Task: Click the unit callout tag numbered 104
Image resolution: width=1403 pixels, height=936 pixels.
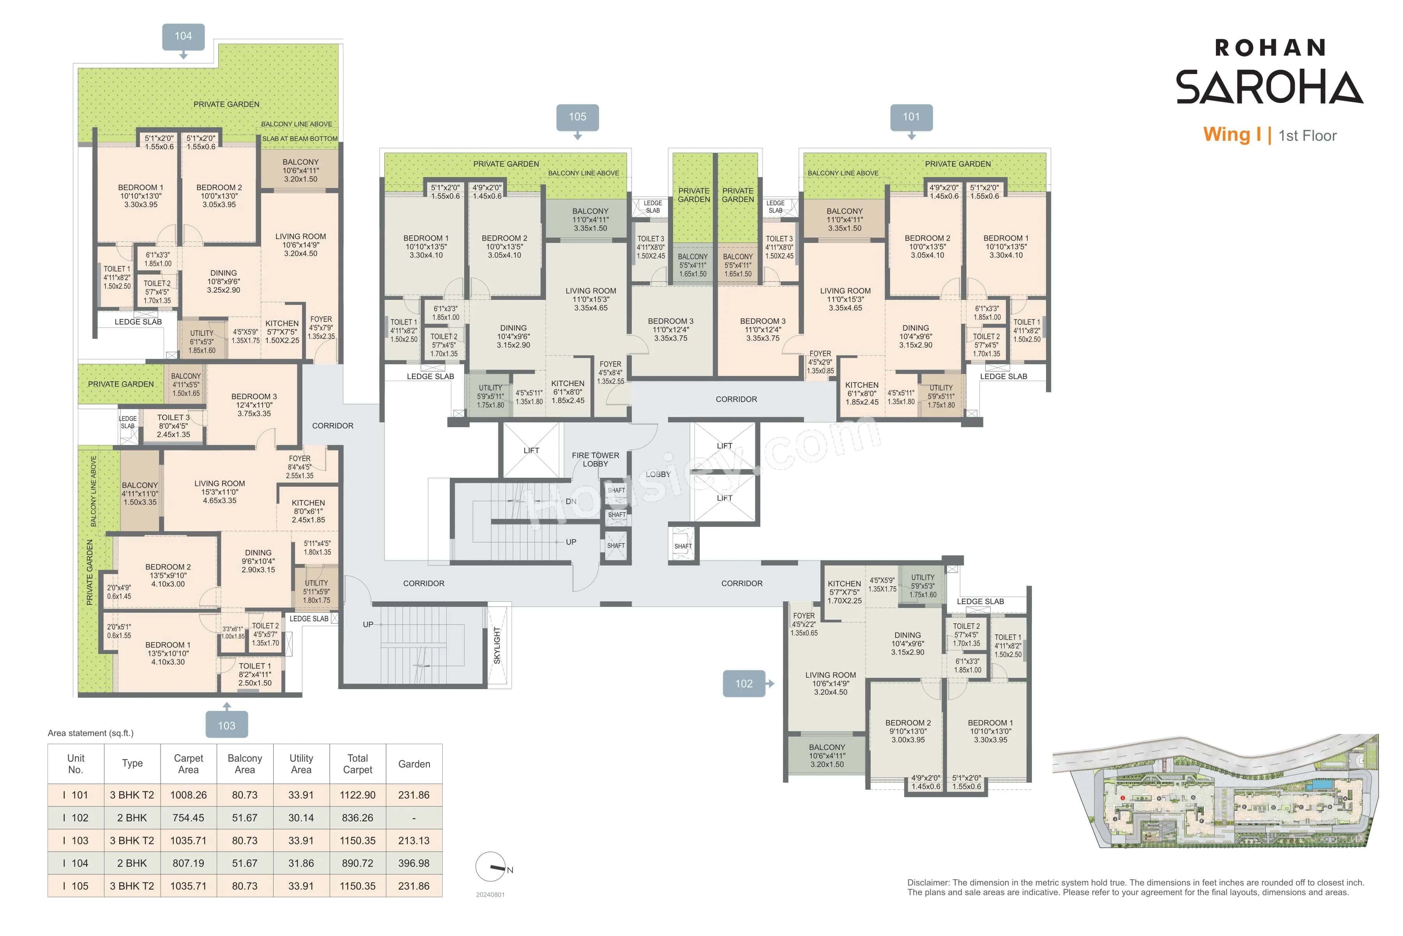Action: tap(183, 36)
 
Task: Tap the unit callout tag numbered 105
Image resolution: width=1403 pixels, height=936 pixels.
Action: tap(577, 117)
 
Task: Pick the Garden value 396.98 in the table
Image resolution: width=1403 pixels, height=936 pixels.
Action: tap(413, 863)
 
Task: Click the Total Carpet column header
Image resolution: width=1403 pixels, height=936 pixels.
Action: tap(357, 764)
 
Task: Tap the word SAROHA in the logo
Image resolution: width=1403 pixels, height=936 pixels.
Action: tap(1269, 87)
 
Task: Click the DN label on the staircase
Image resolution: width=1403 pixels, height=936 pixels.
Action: tap(571, 502)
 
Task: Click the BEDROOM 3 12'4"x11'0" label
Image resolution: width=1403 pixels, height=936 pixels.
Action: tap(254, 405)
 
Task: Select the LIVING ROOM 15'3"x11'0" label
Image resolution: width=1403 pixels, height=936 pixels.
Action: tap(219, 492)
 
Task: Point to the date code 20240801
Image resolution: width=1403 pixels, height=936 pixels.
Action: tap(490, 895)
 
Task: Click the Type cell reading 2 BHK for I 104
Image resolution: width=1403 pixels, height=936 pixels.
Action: tap(132, 863)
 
